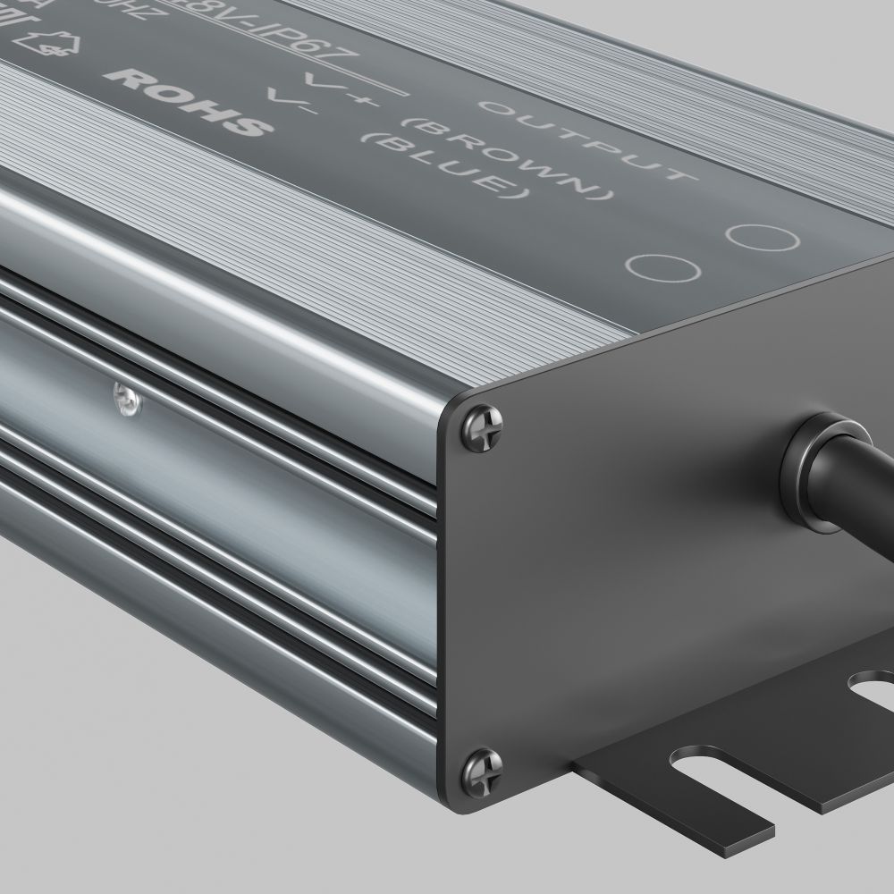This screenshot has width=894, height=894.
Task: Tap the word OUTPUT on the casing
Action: [586, 139]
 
